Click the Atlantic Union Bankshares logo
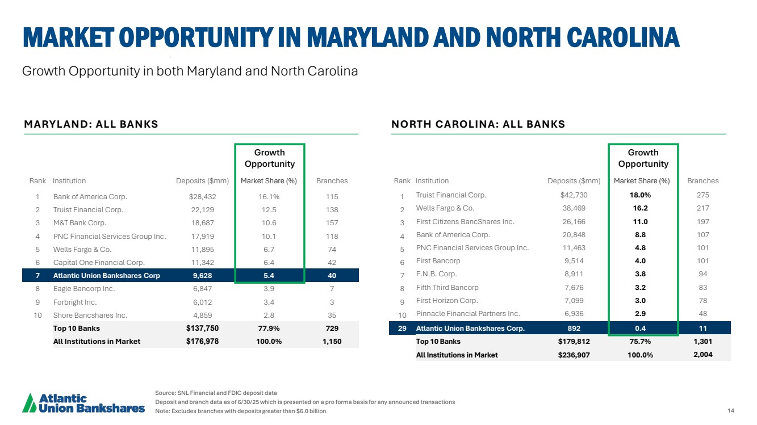83,402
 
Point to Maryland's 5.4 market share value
270,276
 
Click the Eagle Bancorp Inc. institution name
84,289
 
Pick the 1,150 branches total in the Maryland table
332,342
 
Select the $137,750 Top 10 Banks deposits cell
202,328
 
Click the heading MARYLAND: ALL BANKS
91,124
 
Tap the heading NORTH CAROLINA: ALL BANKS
478,124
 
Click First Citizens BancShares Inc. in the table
465,221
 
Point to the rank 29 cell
401,328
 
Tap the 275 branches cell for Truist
702,195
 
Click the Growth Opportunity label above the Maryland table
270,158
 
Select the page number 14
730,411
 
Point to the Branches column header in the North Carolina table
702,181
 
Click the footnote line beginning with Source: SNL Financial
216,393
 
